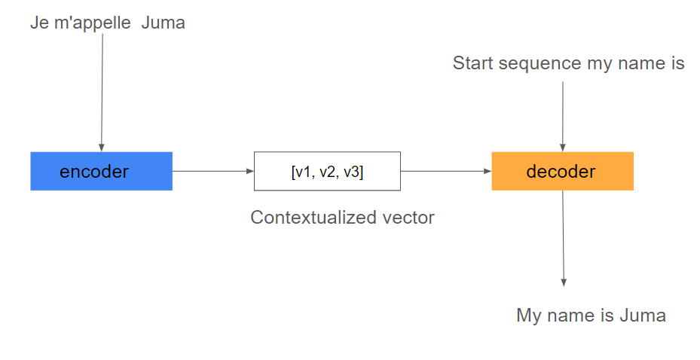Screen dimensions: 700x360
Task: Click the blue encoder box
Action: pyautogui.click(x=101, y=171)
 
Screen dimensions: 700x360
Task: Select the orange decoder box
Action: pyautogui.click(x=563, y=171)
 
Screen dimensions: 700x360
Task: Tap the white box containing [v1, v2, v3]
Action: pyautogui.click(x=327, y=171)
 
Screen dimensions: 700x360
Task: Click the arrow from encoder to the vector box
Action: pyautogui.click(x=213, y=171)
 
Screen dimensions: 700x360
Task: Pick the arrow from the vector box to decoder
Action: pyautogui.click(x=446, y=171)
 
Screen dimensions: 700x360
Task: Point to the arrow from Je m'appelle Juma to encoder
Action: pyautogui.click(x=102, y=93)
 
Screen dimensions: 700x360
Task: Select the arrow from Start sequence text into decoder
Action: pyautogui.click(x=563, y=117)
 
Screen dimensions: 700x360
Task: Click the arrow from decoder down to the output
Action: pyautogui.click(x=563, y=238)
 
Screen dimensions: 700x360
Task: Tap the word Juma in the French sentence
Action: pyautogui.click(x=163, y=23)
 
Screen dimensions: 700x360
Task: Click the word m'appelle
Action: pyautogui.click(x=93, y=23)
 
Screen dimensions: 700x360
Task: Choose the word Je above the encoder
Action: pyautogui.click(x=39, y=23)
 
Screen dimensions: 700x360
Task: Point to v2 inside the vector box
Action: pyautogui.click(x=327, y=172)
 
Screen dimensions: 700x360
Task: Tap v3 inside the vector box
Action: pyautogui.click(x=351, y=172)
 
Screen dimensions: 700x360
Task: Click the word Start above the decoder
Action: pyautogui.click(x=473, y=63)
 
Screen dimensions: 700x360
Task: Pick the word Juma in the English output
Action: pyautogui.click(x=643, y=316)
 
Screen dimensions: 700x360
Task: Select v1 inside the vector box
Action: pyautogui.click(x=303, y=172)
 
